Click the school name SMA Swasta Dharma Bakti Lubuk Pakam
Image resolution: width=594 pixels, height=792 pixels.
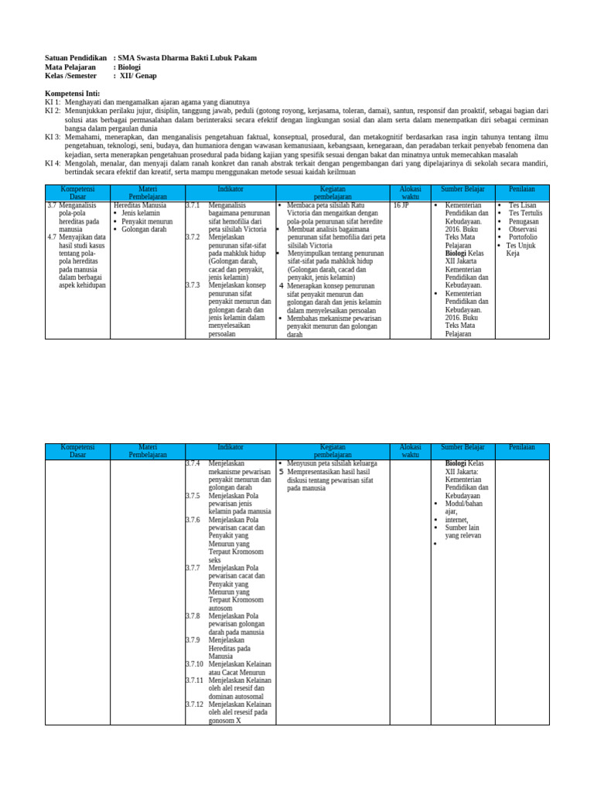click(187, 58)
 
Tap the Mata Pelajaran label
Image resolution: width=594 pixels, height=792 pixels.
click(70, 67)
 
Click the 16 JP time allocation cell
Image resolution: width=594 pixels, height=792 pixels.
click(401, 206)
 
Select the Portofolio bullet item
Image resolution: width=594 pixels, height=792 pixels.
click(523, 237)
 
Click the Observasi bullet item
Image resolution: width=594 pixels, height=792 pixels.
click(523, 229)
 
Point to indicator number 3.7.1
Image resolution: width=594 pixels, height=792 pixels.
click(193, 206)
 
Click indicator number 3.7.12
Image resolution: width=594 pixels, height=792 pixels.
click(194, 705)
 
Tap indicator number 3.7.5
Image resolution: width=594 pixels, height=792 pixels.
click(193, 496)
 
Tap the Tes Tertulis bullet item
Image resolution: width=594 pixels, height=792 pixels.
click(525, 213)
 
